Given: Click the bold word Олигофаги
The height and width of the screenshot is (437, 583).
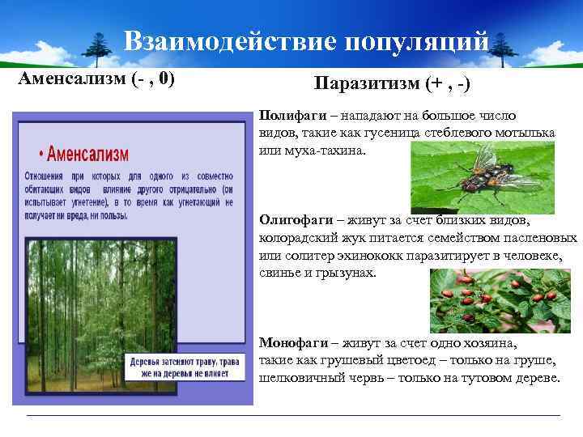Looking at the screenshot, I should point(294,220).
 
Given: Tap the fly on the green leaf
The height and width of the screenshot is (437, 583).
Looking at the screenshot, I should point(494,169).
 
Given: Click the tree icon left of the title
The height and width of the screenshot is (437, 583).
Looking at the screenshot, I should point(100,49).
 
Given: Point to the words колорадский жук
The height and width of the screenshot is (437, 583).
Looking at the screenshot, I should point(308,238).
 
